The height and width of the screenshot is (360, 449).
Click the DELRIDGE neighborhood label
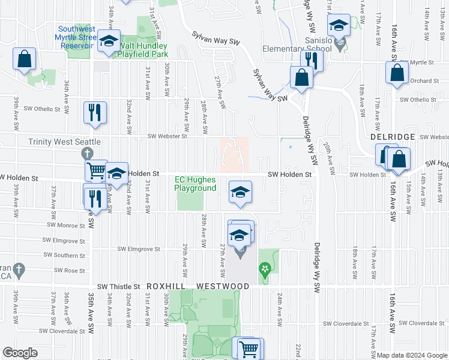[393, 137]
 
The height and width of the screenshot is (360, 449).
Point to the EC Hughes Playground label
[195, 184]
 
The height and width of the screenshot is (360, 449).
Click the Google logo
[20, 353]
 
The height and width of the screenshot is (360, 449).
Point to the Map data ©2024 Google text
[412, 355]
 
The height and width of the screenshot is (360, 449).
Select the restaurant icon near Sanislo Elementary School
[312, 60]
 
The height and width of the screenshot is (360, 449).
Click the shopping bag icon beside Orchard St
[397, 73]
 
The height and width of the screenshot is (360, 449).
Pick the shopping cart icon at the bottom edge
[248, 347]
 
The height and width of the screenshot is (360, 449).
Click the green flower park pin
[264, 269]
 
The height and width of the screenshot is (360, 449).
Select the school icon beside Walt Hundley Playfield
[108, 41]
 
